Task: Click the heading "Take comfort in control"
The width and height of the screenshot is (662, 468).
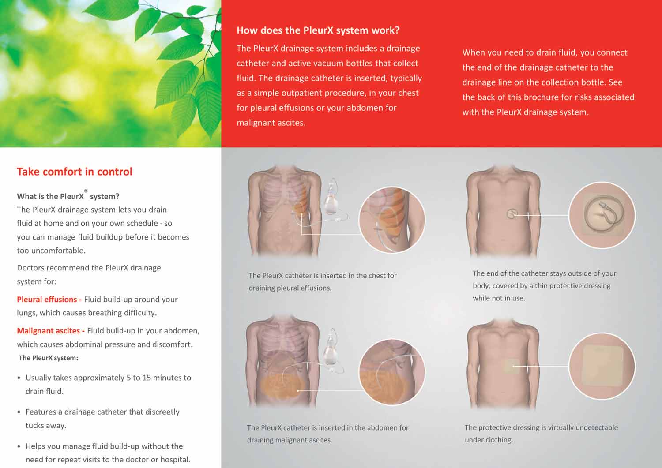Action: click(x=75, y=172)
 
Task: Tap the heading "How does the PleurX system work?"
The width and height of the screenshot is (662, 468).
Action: click(x=318, y=30)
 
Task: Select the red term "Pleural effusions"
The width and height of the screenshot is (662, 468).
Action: click(x=47, y=300)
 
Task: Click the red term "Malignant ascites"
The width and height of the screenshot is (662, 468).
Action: click(x=48, y=331)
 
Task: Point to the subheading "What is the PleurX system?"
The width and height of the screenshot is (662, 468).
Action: click(x=68, y=196)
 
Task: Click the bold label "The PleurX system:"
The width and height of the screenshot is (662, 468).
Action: click(x=49, y=358)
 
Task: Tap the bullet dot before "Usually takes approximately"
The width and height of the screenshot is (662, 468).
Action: click(x=19, y=378)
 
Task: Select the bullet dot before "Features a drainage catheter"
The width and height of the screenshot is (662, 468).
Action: click(x=19, y=412)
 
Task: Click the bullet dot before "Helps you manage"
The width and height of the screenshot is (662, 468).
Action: click(x=19, y=446)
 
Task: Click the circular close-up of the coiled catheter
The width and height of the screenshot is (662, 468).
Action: click(x=602, y=215)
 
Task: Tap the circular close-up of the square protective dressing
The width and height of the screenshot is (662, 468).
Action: click(x=602, y=366)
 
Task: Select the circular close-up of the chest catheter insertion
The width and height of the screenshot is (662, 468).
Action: click(x=392, y=220)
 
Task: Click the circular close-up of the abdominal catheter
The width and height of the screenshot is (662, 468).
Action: click(x=392, y=371)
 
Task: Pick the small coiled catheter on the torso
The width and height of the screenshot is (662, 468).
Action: click(x=512, y=214)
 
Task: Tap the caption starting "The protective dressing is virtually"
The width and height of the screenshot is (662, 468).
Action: click(x=541, y=434)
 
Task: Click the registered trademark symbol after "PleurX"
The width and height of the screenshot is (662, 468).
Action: click(x=86, y=191)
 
